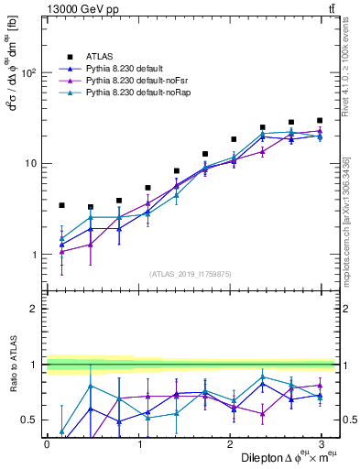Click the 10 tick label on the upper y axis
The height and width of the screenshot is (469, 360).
[30, 163]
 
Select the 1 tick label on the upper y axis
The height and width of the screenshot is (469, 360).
[35, 254]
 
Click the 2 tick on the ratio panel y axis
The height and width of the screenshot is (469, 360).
[35, 309]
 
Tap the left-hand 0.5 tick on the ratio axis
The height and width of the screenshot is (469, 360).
[30, 420]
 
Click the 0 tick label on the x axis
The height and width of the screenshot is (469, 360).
[47, 443]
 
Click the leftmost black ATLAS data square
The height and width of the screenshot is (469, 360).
[61, 205]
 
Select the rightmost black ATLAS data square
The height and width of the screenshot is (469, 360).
[320, 120]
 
